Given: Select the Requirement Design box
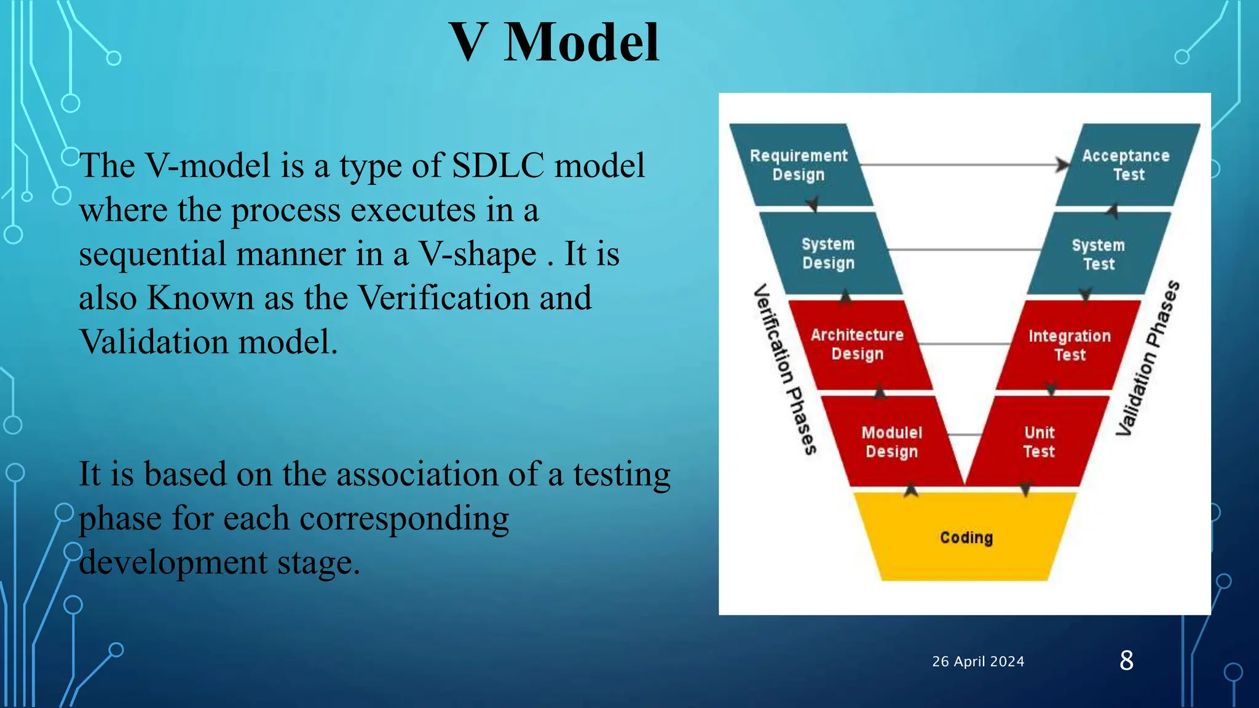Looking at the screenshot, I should click(799, 165).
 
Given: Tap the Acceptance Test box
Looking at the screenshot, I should click(1126, 165).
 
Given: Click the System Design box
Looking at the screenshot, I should click(828, 253).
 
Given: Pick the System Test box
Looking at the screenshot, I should click(1099, 254).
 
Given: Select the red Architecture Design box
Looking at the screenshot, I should click(858, 344).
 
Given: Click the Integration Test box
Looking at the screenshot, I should click(1070, 345).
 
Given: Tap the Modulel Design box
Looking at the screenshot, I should click(891, 441).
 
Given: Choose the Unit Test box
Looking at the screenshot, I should click(1039, 441).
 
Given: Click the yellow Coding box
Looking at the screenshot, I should click(966, 537).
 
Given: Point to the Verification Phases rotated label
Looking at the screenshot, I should click(785, 369).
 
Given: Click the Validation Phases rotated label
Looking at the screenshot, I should click(1148, 358).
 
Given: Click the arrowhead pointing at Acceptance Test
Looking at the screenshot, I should click(1062, 165).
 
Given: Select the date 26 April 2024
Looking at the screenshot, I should click(978, 661).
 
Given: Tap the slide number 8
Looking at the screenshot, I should click(1126, 661).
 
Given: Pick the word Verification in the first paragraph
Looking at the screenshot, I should click(443, 297).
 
